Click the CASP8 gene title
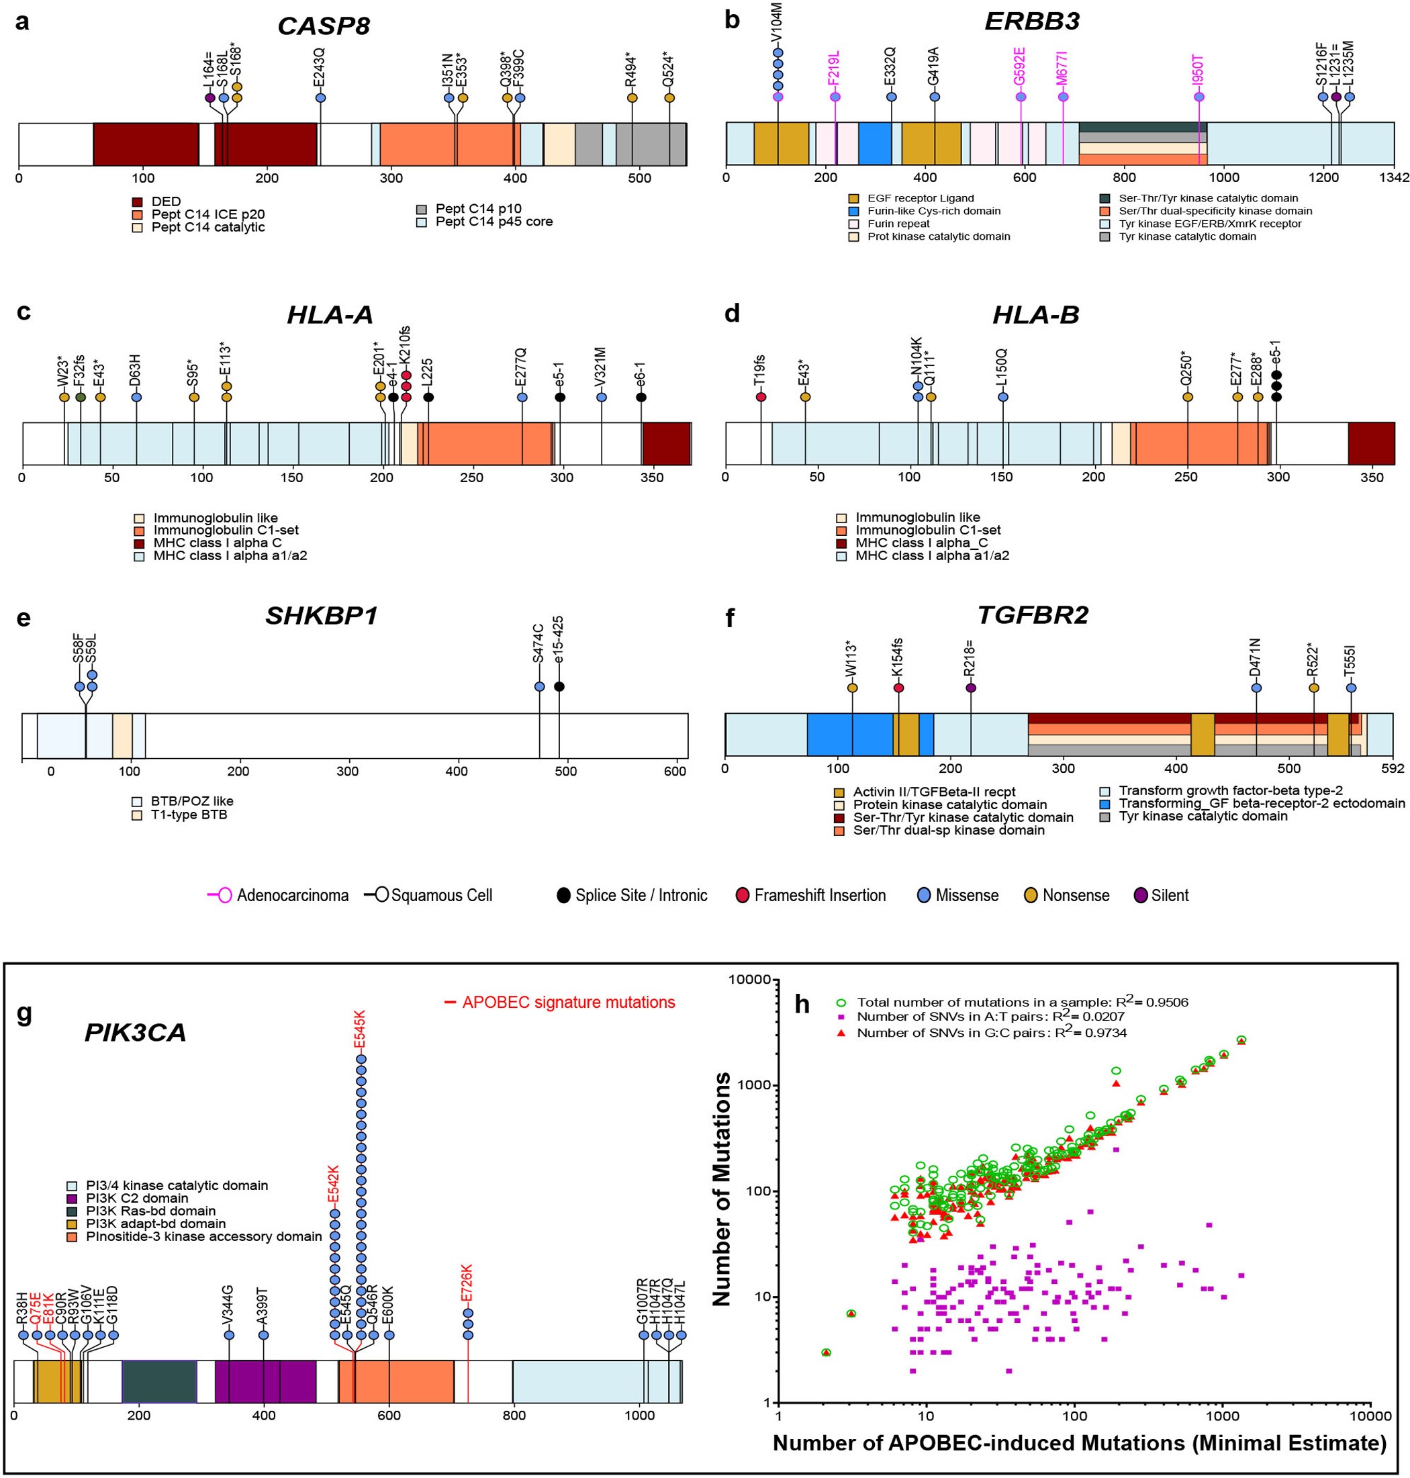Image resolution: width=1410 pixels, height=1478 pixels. click(x=323, y=26)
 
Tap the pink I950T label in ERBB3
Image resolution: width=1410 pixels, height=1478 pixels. click(x=1198, y=71)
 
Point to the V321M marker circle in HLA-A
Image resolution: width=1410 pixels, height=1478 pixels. click(x=602, y=397)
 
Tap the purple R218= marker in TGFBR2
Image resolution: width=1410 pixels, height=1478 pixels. click(x=970, y=688)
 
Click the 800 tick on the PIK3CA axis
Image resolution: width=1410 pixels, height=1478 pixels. click(x=514, y=1416)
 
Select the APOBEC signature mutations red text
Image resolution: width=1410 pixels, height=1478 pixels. click(x=568, y=1002)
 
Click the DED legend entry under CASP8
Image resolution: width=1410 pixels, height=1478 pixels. click(x=165, y=201)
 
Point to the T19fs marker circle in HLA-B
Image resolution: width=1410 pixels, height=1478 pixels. click(x=761, y=397)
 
